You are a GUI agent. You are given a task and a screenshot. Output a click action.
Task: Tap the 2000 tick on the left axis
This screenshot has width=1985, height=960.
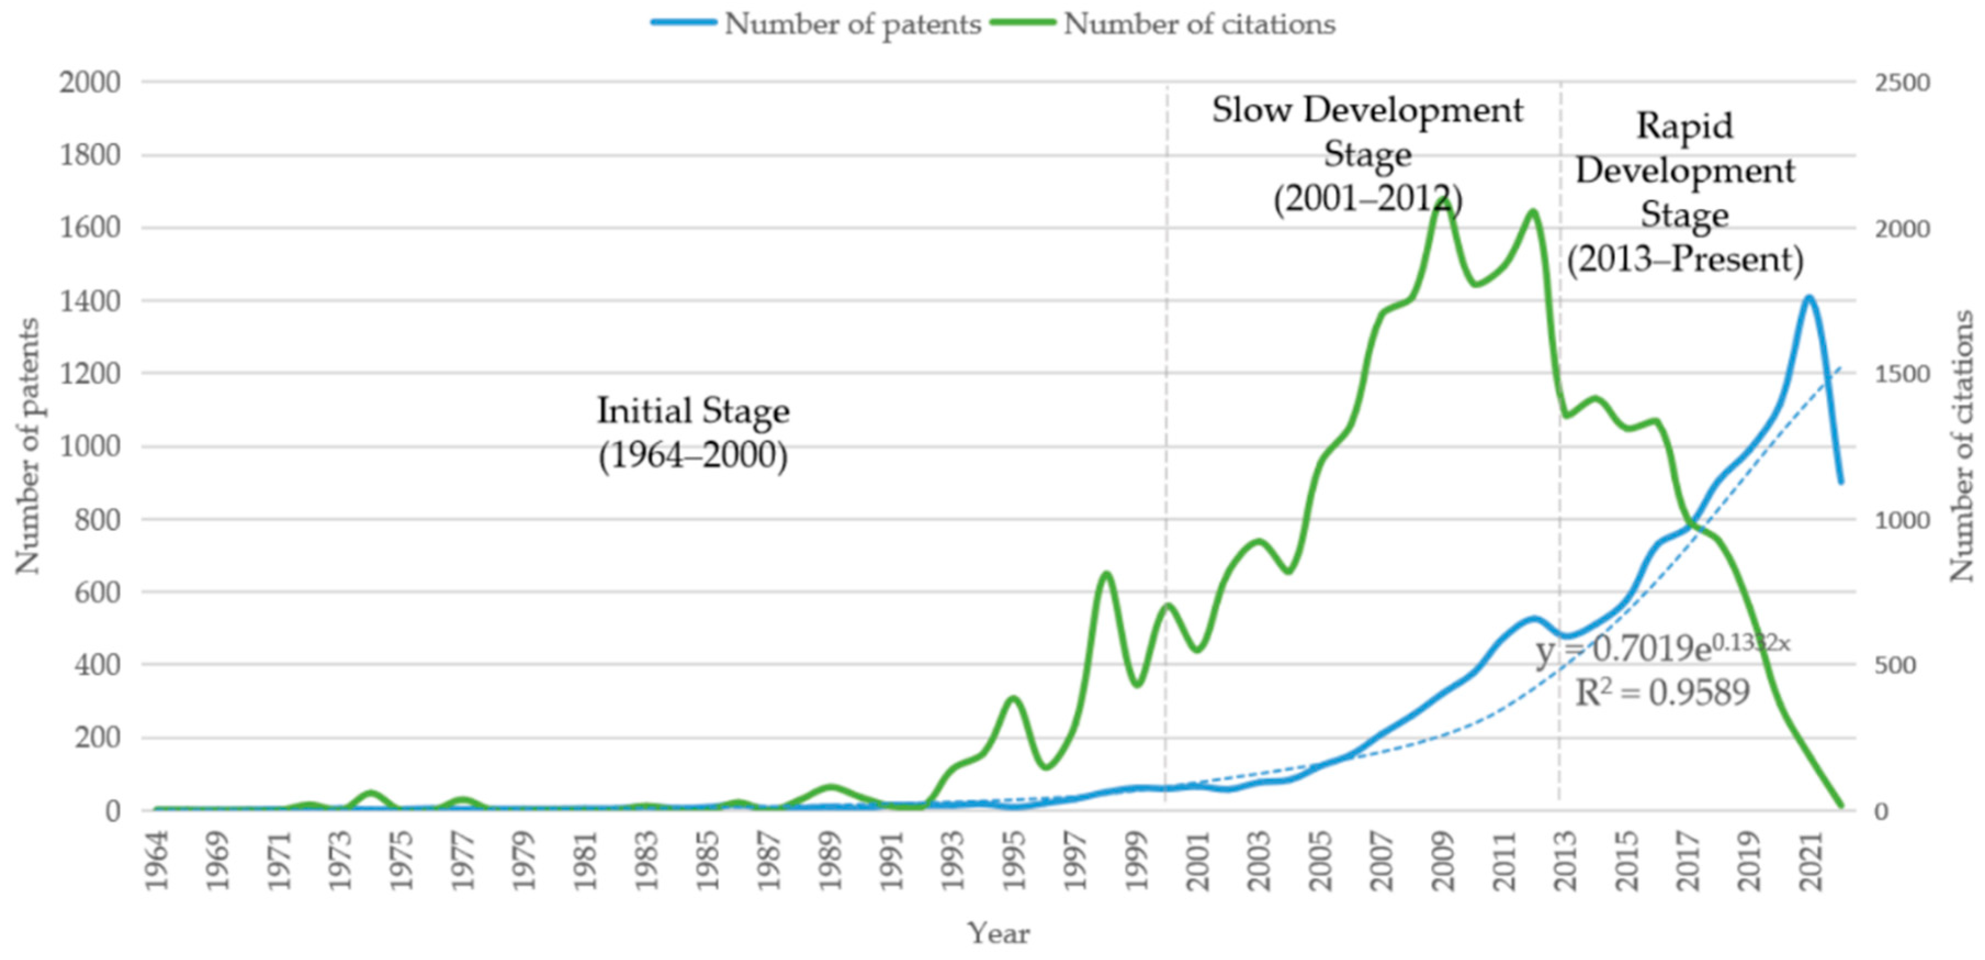[x=90, y=82]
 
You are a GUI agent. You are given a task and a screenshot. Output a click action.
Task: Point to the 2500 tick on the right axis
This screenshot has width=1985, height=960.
[x=1901, y=82]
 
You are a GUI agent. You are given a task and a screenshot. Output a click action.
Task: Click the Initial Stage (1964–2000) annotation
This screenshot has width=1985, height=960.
[x=693, y=432]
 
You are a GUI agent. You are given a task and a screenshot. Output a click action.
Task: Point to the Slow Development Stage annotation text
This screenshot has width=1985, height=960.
[x=1367, y=154]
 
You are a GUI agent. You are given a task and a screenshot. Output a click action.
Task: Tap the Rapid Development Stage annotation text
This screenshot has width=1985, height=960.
[x=1684, y=192]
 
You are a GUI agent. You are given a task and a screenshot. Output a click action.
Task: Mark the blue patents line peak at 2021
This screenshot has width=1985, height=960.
[x=1808, y=297]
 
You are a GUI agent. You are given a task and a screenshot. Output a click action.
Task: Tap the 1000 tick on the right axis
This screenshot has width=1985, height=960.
[x=1901, y=520]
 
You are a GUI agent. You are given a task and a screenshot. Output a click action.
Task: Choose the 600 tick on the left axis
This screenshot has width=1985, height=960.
[x=90, y=592]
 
